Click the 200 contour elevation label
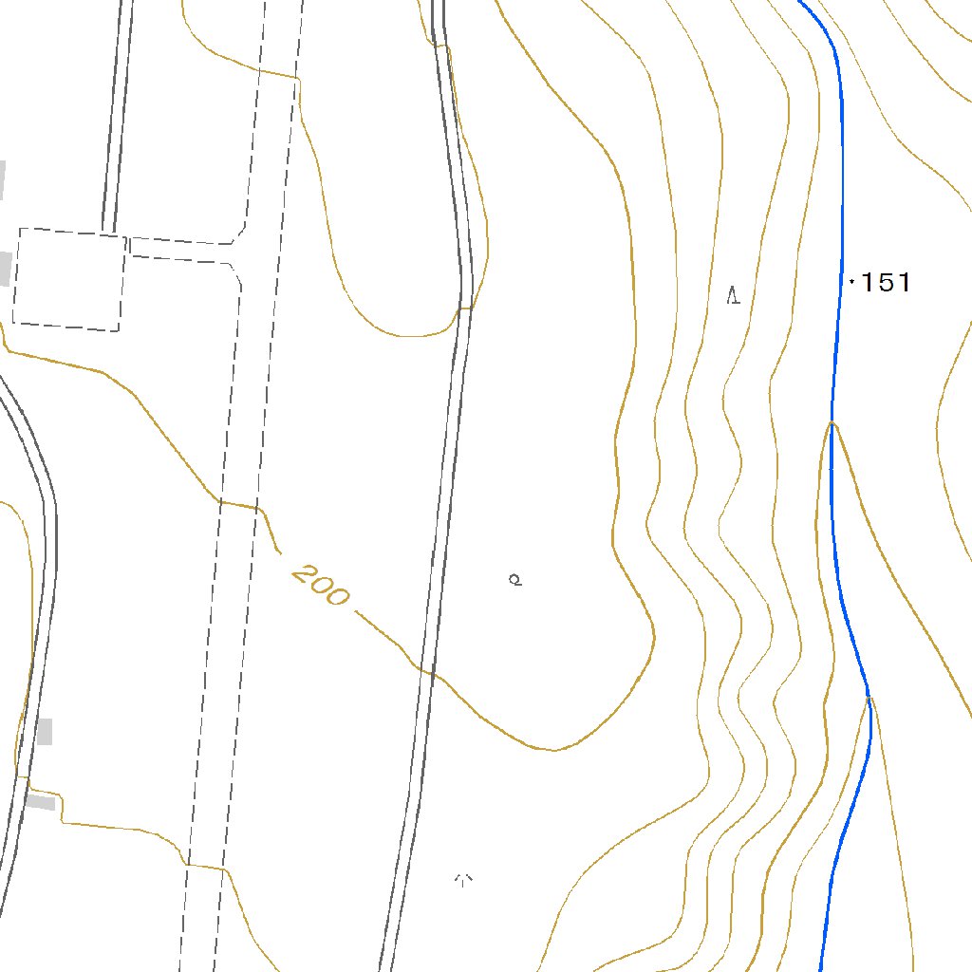[320, 586]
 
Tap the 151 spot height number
[888, 282]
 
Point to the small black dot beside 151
[852, 281]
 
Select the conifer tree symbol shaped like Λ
[733, 295]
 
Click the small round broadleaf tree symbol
[515, 579]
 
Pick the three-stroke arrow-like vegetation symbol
[464, 880]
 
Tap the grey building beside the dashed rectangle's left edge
[5, 269]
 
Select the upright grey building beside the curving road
[45, 732]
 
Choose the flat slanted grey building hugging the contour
[40, 803]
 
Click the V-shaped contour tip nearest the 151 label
[832, 423]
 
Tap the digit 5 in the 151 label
[888, 282]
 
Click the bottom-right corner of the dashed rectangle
[120, 330]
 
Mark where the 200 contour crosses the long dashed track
[237, 504]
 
